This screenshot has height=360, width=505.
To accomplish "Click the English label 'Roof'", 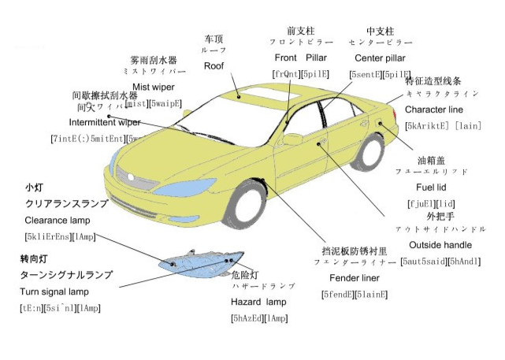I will click(214, 66).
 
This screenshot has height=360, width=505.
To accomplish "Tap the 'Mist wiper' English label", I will click(153, 87).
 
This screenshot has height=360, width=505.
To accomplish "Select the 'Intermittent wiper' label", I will click(105, 123).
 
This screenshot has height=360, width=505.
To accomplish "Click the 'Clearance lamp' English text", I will click(58, 220).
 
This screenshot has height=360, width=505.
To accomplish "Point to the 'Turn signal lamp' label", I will click(55, 291).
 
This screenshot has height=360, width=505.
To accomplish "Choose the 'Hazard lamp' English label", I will click(259, 302).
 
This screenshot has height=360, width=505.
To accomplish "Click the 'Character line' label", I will click(434, 109).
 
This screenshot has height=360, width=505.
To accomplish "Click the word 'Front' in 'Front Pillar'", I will click(285, 58).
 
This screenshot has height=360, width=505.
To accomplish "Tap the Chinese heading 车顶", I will click(214, 37).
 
